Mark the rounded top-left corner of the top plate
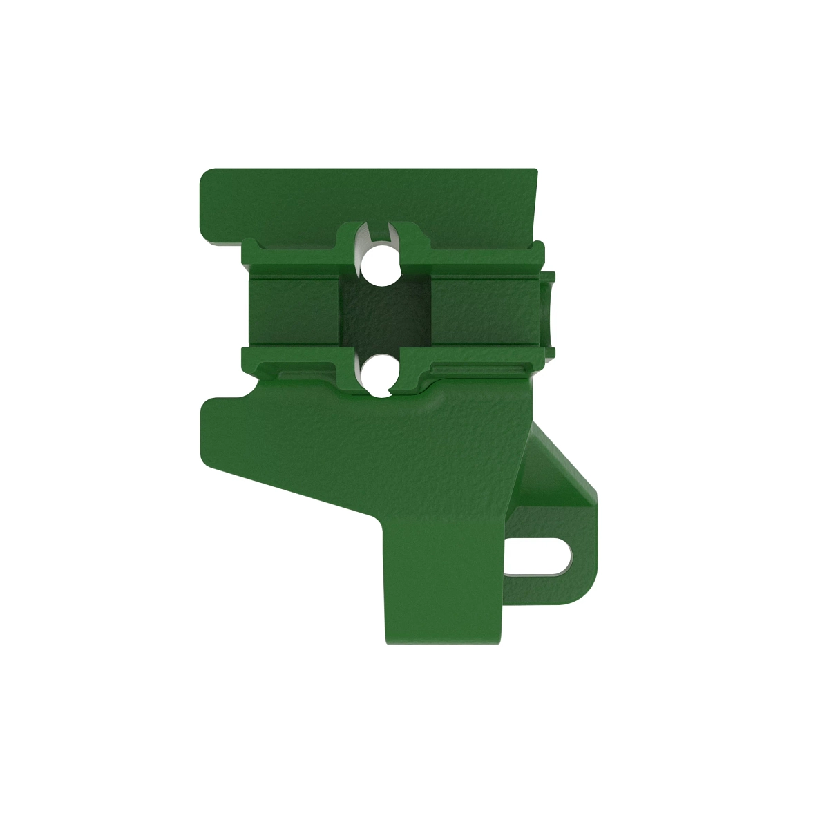(206, 175)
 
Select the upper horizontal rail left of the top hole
(290, 259)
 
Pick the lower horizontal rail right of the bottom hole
(477, 361)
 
